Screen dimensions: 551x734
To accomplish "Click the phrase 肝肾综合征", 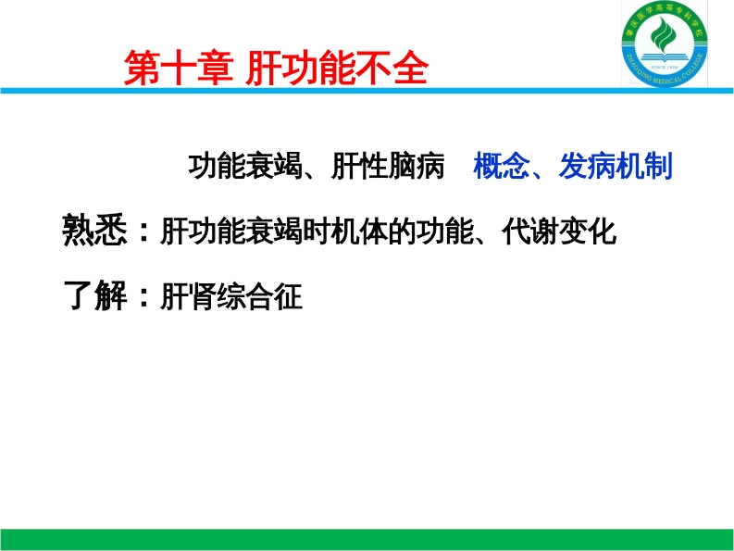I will pyautogui.click(x=231, y=298).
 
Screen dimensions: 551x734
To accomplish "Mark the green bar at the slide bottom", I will pyautogui.click(x=367, y=540).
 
